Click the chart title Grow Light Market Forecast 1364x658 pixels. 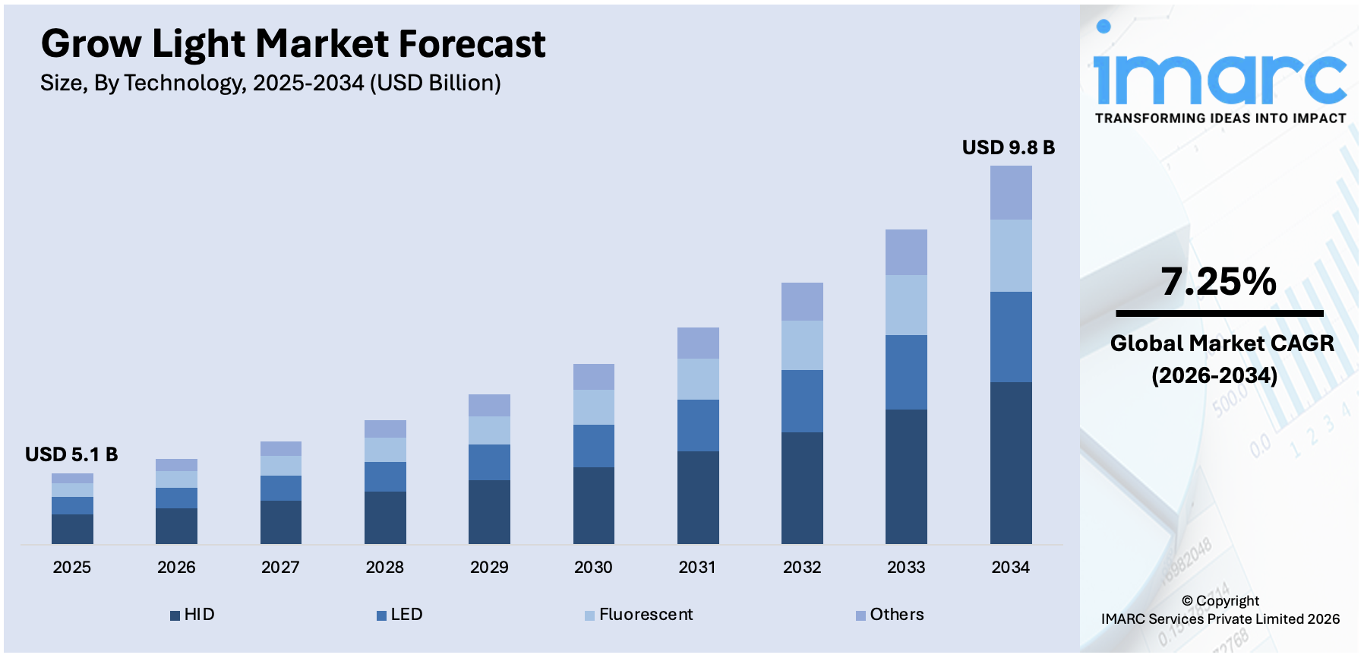(293, 44)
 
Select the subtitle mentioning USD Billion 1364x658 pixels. (270, 83)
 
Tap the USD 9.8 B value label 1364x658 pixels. (1008, 147)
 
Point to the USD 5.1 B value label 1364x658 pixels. (71, 454)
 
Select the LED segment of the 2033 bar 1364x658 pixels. (906, 372)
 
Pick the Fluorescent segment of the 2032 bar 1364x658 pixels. (802, 345)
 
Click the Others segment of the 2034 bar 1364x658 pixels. (1011, 192)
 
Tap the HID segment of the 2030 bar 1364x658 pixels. (593, 505)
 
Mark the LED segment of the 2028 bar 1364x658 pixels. (385, 476)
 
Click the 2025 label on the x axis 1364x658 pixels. (71, 567)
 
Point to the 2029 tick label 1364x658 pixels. (489, 567)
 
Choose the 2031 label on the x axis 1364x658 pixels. (697, 567)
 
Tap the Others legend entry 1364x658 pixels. (890, 614)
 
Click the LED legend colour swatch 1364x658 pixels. (382, 615)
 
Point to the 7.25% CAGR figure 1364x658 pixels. (1218, 282)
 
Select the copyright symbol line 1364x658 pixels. (1220, 600)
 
